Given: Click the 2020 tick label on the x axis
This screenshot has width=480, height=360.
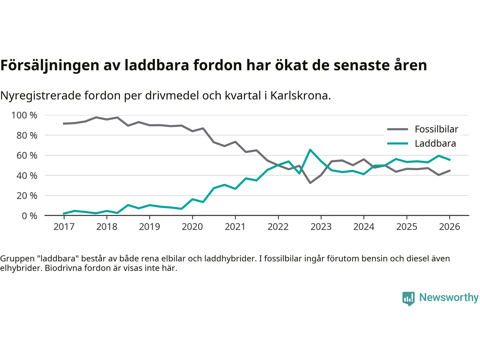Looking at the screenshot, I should coord(192,227).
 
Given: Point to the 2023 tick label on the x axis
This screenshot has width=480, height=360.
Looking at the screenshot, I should coord(321,227).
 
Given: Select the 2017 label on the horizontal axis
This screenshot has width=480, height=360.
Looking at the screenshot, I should coord(64,227).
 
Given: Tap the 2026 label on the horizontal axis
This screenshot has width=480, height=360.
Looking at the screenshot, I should coord(449,227).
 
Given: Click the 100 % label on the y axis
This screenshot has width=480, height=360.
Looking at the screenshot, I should coord(24,115).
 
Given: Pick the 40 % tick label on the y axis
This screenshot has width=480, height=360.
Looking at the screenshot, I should coord(27,175).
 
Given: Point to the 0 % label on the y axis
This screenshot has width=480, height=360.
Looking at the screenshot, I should coord(29,216).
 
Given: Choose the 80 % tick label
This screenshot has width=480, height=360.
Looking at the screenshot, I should coord(27,135).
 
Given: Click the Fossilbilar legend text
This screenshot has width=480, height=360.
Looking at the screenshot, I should coord(436,129).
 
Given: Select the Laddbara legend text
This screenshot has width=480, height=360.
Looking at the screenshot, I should coord(435,144).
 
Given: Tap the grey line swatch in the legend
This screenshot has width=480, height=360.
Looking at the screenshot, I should coord(397,129).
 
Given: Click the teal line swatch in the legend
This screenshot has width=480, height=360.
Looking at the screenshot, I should coord(397,144).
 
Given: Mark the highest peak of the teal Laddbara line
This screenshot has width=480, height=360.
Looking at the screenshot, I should coord(310,150).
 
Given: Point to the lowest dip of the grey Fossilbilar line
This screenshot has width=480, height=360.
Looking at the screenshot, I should coord(310,183).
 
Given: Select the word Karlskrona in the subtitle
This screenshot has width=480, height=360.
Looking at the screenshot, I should coord(300,96).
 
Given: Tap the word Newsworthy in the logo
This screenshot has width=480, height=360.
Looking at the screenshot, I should coord(449,297).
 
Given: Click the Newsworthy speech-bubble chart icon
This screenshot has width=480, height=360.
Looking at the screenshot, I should coord(408,298).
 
